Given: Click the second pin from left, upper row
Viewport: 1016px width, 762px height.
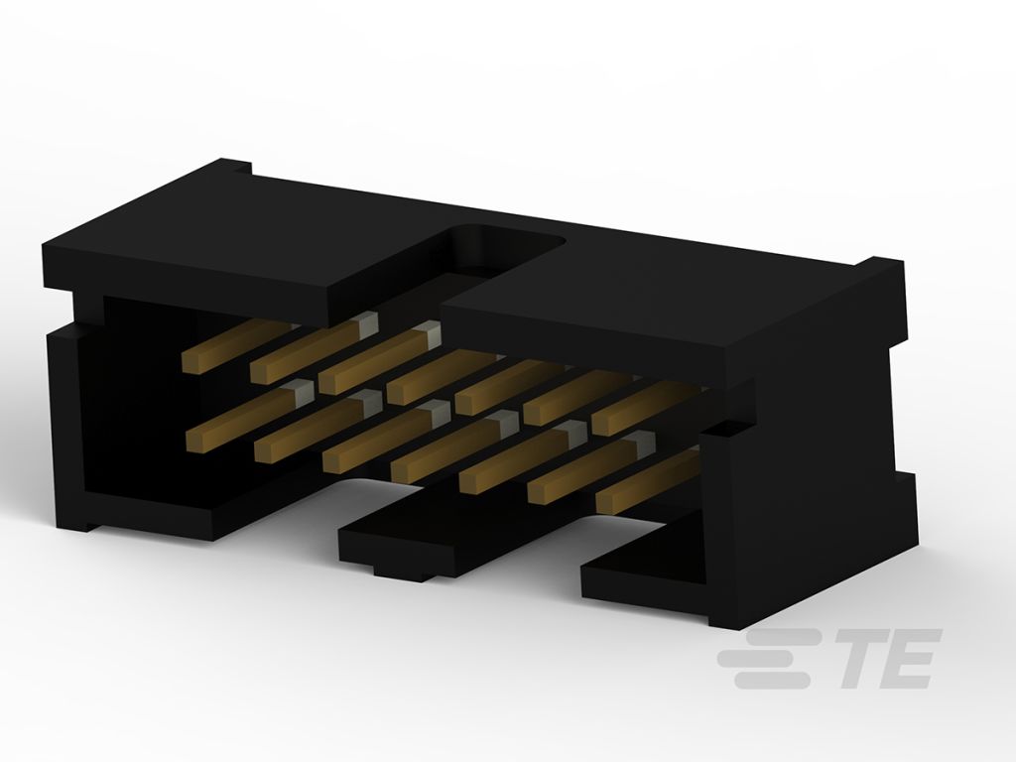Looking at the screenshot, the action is [314, 348].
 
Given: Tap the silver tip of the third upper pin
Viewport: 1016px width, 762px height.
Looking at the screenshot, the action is [429, 332].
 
